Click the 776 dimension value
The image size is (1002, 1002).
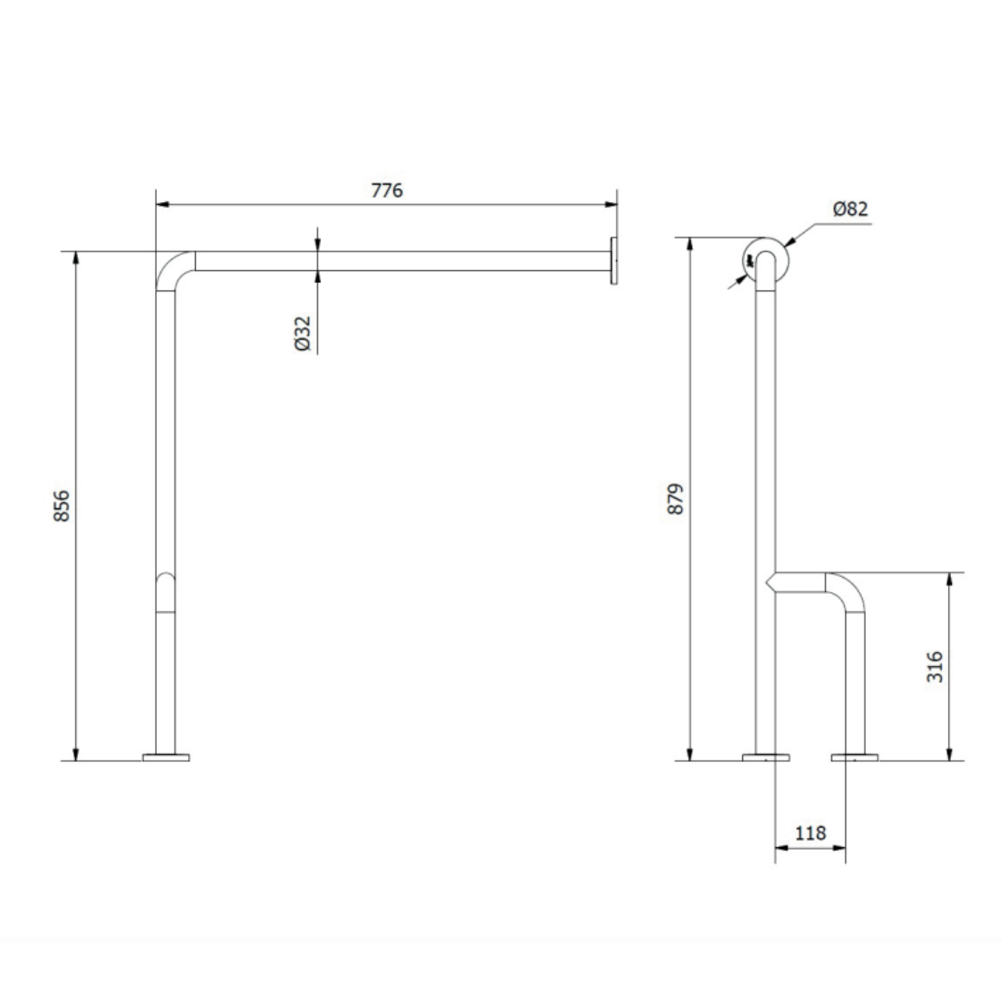coord(387,190)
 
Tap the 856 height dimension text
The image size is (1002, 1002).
coord(62,506)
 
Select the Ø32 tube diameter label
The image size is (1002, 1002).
coord(302,333)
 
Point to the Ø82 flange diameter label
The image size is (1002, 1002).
coord(851,209)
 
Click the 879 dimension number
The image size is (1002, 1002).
coord(675,498)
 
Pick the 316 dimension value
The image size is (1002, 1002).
coord(935,666)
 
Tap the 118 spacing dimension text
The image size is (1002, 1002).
coord(810,833)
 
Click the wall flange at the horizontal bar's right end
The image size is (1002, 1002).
coord(614,261)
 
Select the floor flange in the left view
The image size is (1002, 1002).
coord(166,757)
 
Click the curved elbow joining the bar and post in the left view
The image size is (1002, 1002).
coord(167,263)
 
